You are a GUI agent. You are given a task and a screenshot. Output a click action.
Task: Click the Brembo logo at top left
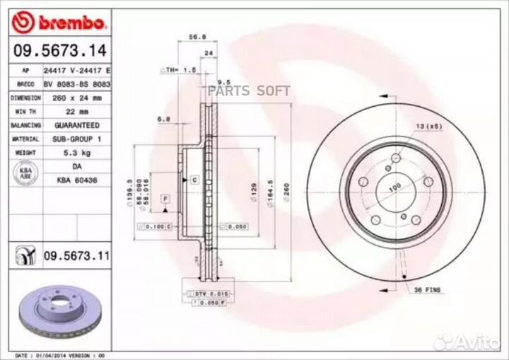pyautogui.click(x=59, y=23)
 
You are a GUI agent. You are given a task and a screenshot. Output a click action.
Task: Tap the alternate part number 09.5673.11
pyautogui.click(x=76, y=255)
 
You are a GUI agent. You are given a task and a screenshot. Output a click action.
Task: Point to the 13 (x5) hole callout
pyautogui.click(x=428, y=125)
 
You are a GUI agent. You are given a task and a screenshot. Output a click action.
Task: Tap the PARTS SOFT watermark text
pyautogui.click(x=249, y=91)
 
